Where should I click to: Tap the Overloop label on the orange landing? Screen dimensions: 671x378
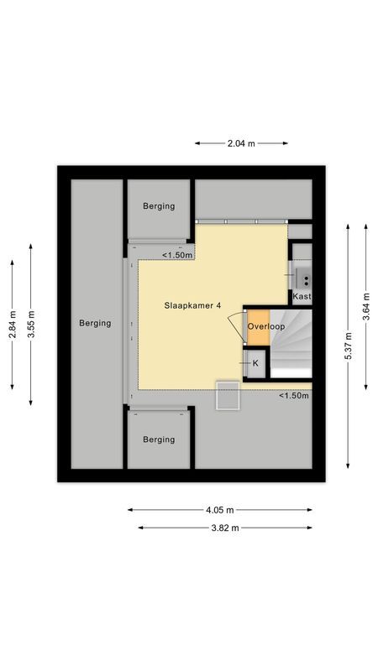tap(266, 326)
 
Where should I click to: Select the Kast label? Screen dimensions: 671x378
tap(302, 297)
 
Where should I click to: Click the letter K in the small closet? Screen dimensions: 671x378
tap(255, 364)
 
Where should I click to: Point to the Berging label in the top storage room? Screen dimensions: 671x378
tap(159, 206)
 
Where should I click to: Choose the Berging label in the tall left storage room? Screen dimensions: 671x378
tap(95, 323)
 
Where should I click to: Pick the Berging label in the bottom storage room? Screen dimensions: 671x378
tap(159, 440)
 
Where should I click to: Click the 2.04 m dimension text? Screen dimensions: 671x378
tap(241, 143)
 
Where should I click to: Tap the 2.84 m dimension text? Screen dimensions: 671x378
tap(13, 324)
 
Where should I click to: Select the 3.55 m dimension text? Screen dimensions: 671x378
tap(31, 324)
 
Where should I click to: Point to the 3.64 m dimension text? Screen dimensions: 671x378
tap(365, 306)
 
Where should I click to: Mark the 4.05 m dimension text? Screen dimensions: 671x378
tap(219, 509)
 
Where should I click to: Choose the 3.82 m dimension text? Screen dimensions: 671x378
tap(224, 528)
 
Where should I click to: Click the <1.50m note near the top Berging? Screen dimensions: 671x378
tap(177, 255)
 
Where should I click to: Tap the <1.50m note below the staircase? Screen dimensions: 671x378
tap(294, 396)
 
